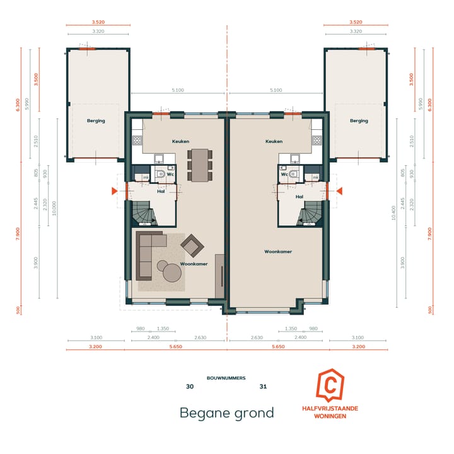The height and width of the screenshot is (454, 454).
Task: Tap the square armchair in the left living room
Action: (x=192, y=244)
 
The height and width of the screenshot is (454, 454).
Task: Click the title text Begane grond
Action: (x=227, y=413)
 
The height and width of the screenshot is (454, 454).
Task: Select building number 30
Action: (x=190, y=387)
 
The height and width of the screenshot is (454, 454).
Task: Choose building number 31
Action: (x=264, y=387)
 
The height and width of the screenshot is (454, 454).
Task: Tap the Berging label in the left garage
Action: (x=96, y=120)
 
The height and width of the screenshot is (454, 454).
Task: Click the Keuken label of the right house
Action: (x=274, y=141)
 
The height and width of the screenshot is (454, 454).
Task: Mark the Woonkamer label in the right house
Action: (x=278, y=251)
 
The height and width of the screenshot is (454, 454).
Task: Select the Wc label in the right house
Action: (x=284, y=173)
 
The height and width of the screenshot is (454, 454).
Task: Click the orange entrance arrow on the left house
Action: (x=113, y=190)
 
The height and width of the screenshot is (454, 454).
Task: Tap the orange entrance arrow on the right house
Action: (x=339, y=190)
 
